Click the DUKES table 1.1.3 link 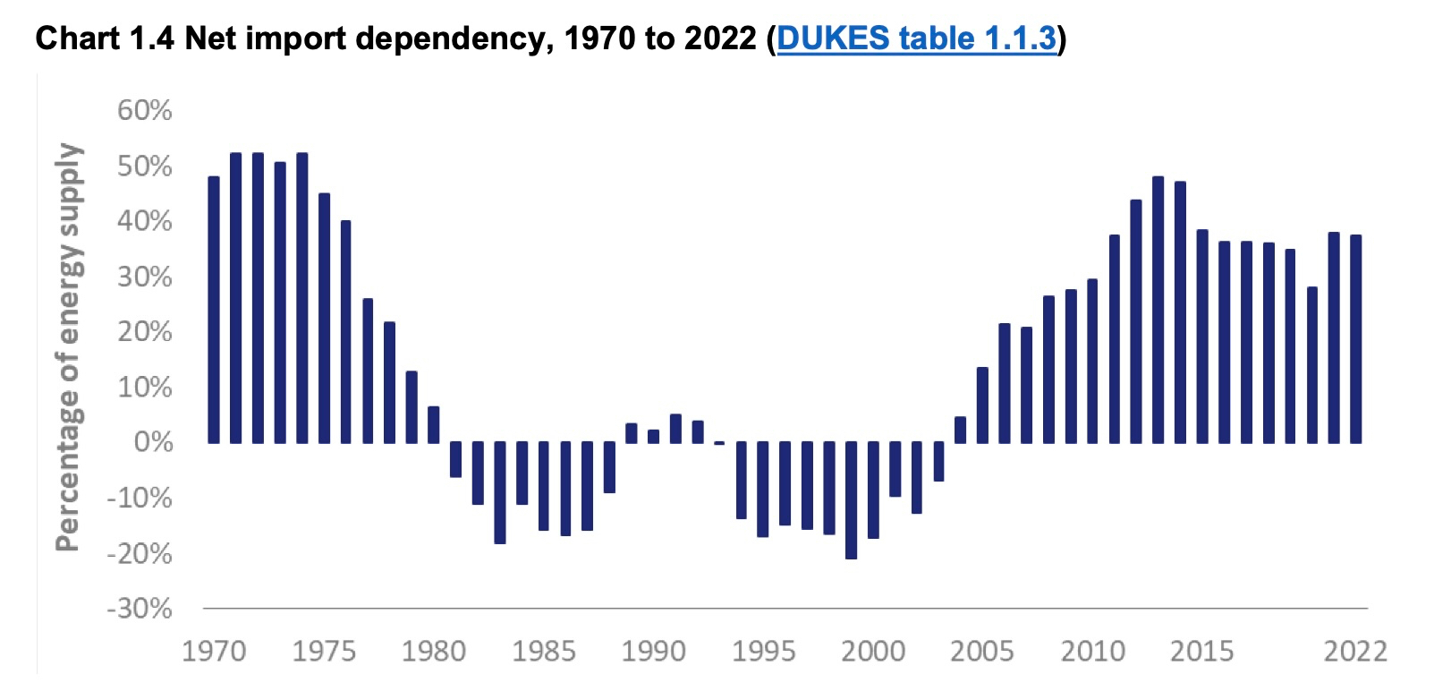click(x=916, y=38)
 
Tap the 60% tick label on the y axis click(x=144, y=110)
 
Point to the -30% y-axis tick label click(x=140, y=609)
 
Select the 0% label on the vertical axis click(x=153, y=442)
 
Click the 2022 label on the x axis click(x=1355, y=651)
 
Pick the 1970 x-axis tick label click(x=214, y=651)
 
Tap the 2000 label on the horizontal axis click(x=873, y=651)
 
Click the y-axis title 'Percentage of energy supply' click(x=69, y=347)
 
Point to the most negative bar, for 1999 click(x=851, y=500)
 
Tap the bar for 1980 click(x=434, y=424)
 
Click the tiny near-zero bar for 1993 click(x=719, y=443)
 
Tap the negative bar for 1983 click(x=500, y=492)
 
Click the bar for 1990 click(x=654, y=436)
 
